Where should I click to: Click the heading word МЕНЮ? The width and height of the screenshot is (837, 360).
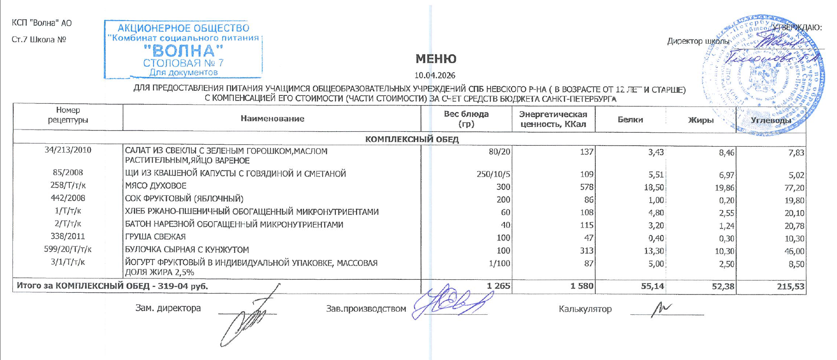click(x=436, y=59)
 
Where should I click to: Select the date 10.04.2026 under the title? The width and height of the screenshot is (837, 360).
click(x=434, y=76)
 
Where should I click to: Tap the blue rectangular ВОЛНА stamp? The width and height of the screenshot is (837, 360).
click(x=183, y=50)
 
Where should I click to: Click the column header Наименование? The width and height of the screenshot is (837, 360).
click(x=272, y=119)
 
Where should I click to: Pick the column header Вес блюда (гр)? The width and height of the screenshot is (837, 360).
click(x=466, y=119)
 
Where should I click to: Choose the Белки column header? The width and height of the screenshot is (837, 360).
click(x=630, y=119)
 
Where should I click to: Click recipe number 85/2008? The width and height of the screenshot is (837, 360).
click(x=68, y=172)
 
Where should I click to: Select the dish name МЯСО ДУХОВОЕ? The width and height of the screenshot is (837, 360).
click(x=156, y=186)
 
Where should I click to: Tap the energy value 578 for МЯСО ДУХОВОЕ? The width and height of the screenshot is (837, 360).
click(x=587, y=187)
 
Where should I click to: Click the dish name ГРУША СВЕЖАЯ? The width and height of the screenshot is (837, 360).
click(x=155, y=237)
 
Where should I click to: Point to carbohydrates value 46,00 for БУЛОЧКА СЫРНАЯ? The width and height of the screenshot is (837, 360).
click(x=794, y=251)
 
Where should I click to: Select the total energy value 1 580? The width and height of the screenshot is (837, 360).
click(x=582, y=286)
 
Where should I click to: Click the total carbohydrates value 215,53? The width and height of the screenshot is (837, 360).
click(x=790, y=287)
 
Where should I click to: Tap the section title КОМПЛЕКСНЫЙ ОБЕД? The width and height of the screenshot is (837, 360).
click(x=412, y=139)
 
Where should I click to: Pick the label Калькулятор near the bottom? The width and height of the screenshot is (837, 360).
click(x=585, y=309)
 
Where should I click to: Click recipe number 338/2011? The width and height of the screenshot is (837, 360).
click(x=68, y=236)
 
